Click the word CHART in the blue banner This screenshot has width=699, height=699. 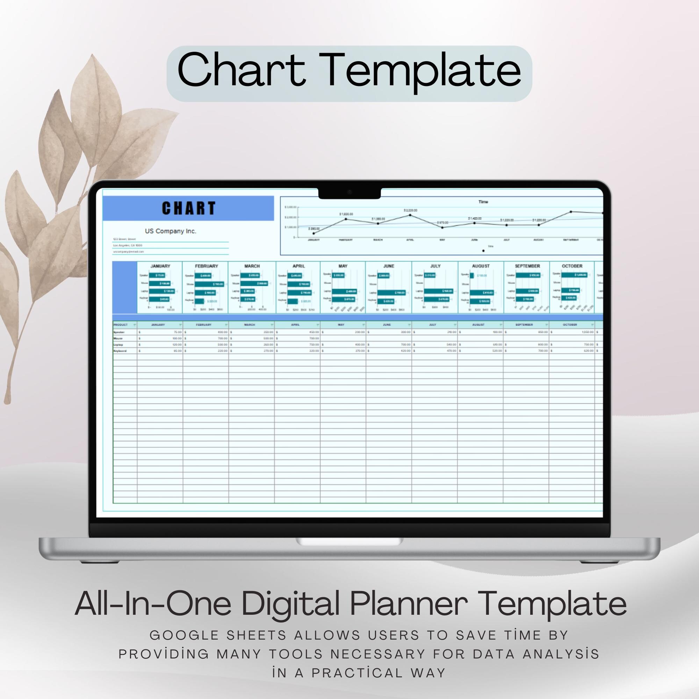coord(188,208)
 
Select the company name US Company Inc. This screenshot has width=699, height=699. coord(171,231)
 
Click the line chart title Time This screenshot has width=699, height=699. coord(483,202)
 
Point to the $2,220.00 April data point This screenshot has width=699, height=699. coord(410,215)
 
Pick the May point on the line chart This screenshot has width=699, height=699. coord(442,227)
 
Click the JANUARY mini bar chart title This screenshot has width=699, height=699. coord(160,266)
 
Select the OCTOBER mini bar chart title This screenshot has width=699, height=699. coord(572,266)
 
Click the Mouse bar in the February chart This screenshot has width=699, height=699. coord(209,284)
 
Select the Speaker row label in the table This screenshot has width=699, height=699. coord(119,332)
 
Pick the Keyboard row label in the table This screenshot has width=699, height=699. coord(120,351)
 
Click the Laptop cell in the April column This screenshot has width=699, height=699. coord(297,345)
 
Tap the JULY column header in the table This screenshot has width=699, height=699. coord(432,325)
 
